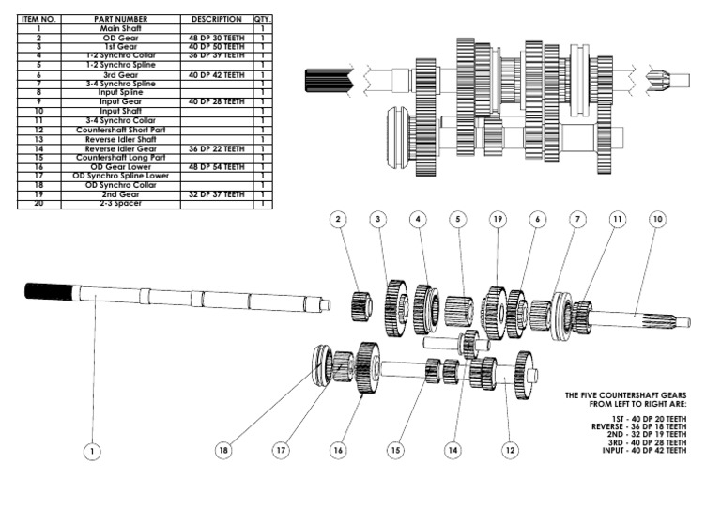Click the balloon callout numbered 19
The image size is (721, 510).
pyautogui.click(x=497, y=220)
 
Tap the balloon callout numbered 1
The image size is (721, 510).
pyautogui.click(x=91, y=452)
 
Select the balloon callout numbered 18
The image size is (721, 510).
pyautogui.click(x=223, y=451)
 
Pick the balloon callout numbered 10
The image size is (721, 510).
pyautogui.click(x=657, y=219)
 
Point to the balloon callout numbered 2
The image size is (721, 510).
pyautogui.click(x=339, y=219)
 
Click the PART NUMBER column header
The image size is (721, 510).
pyautogui.click(x=121, y=19)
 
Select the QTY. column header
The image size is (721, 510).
pyautogui.click(x=262, y=19)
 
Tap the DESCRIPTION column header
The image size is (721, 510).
pyautogui.click(x=216, y=19)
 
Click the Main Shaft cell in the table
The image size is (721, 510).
pyautogui.click(x=121, y=29)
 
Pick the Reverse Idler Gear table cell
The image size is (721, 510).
pyautogui.click(x=121, y=148)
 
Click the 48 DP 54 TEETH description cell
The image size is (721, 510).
pyautogui.click(x=216, y=166)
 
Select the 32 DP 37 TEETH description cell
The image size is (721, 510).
pyautogui.click(x=216, y=194)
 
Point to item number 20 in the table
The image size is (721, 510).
pyautogui.click(x=39, y=203)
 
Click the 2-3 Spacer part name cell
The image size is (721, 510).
pyautogui.click(x=121, y=203)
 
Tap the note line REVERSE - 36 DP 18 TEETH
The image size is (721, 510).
pyautogui.click(x=638, y=425)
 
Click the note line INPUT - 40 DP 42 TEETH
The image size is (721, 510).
pyautogui.click(x=645, y=451)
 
